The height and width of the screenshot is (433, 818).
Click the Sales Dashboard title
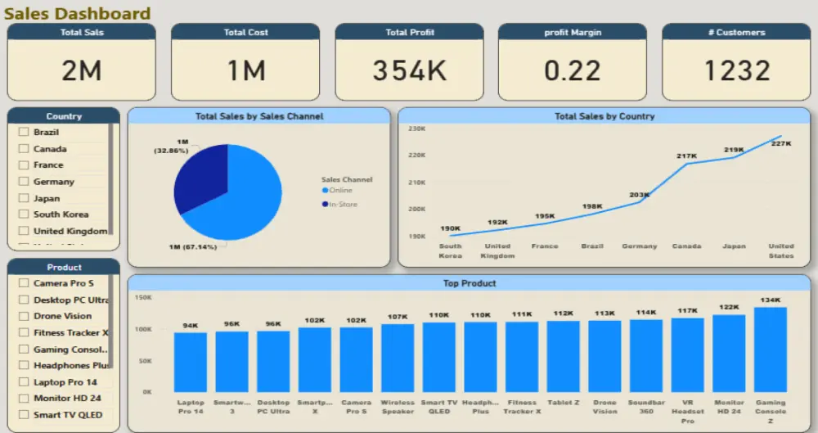79,13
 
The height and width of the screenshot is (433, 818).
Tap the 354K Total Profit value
409,71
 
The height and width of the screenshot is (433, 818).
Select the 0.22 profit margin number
573,71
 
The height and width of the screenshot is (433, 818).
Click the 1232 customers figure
736,71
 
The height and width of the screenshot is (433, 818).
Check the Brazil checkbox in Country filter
24,133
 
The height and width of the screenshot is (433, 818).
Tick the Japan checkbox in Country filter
24,198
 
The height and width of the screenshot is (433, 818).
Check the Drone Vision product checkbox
24,316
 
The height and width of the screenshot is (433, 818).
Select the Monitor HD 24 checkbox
24,399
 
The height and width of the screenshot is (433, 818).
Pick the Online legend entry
339,191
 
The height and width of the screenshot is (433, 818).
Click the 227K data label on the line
781,144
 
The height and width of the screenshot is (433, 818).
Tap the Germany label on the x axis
639,246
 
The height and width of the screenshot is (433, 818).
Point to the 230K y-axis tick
416,129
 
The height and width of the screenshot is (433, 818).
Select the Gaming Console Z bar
770,350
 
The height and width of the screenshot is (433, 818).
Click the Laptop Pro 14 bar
191,362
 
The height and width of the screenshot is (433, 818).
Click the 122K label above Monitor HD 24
728,308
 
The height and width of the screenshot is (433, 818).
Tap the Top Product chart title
469,283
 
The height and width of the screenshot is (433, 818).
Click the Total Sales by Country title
605,116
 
